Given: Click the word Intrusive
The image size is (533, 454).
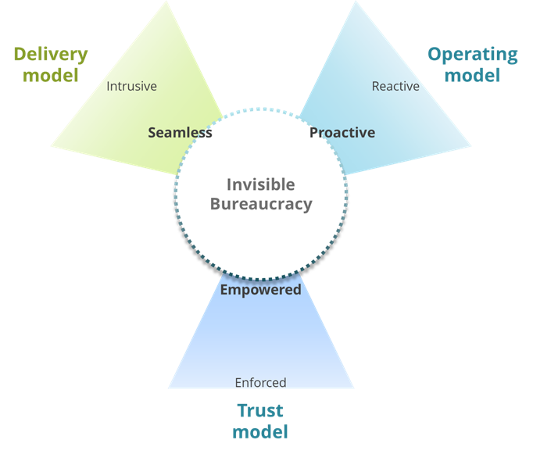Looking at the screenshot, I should (131, 86).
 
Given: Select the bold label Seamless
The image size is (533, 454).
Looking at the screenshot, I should (180, 133).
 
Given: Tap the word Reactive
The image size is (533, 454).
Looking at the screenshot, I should (395, 86).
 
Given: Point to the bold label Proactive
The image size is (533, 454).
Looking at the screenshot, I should (342, 133).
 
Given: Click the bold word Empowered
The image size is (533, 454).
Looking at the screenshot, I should (260, 290).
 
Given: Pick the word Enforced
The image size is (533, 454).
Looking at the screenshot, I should (260, 383).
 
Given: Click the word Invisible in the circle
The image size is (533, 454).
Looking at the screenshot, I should (260, 184).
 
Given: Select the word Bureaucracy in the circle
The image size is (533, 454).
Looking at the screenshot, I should (260, 205).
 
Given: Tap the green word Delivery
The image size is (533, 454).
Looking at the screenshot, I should (51, 57).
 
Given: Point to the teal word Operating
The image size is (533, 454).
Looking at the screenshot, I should (471, 57).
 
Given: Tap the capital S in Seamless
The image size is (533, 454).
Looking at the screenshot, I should (152, 133).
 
